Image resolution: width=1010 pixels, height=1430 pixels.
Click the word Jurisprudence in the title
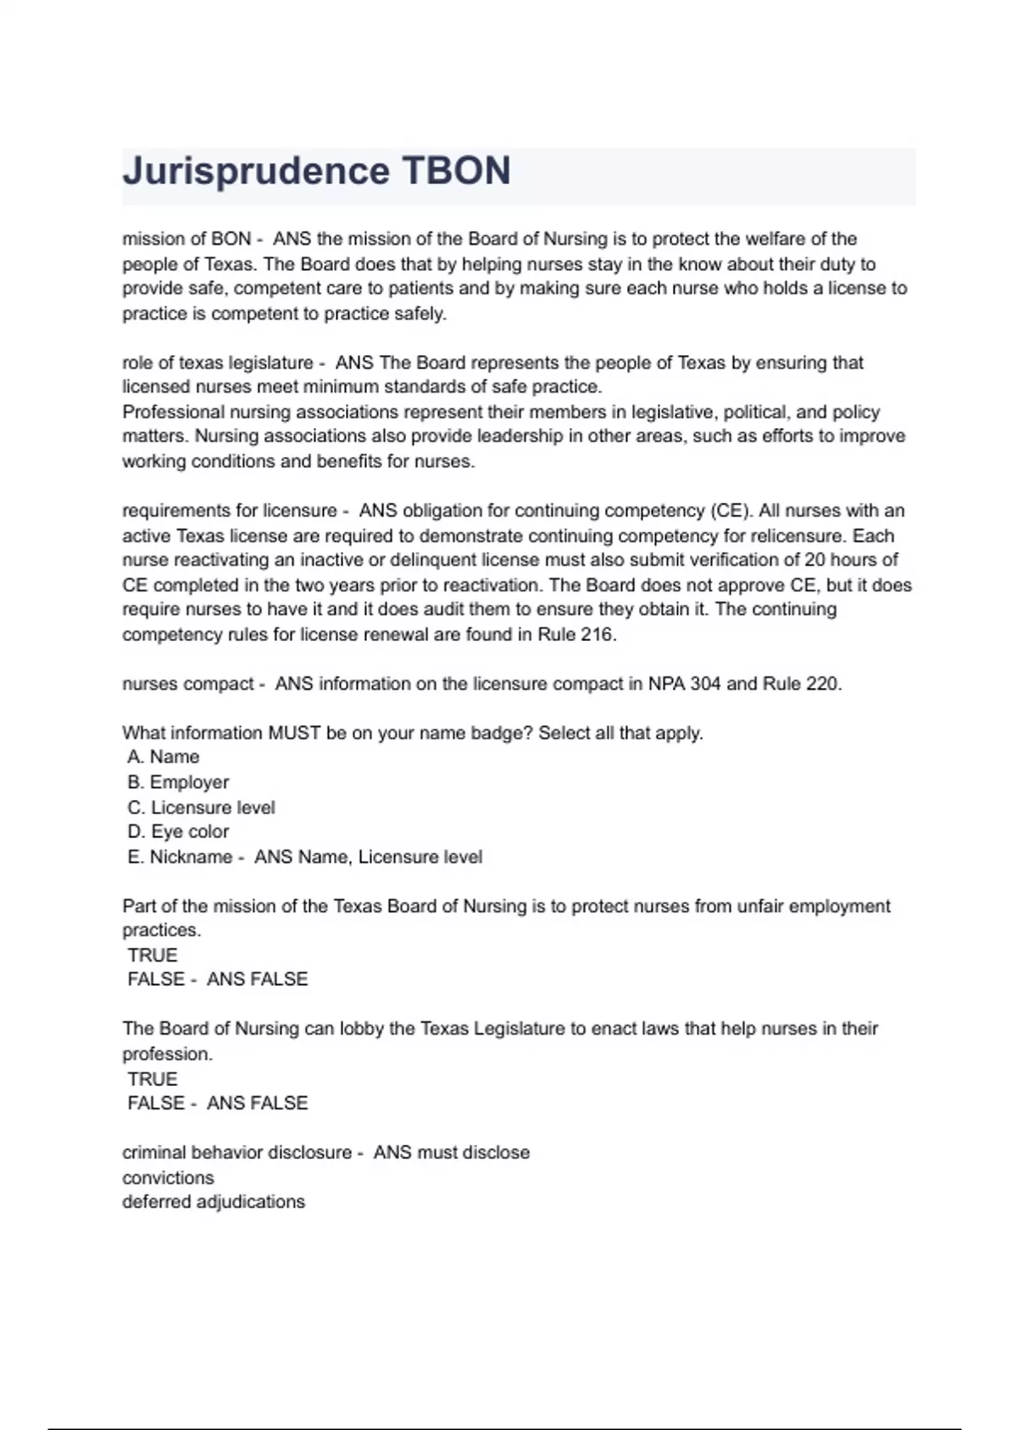(256, 172)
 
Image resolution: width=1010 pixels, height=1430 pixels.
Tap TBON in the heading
(456, 171)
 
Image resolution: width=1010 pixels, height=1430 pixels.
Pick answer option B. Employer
(178, 782)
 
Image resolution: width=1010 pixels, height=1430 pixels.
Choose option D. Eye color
(178, 832)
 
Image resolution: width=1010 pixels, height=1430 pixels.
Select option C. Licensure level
(201, 808)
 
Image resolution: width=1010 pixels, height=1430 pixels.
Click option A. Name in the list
(163, 757)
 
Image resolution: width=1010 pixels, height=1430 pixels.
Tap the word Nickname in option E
(191, 857)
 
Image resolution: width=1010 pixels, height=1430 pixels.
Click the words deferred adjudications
(214, 1202)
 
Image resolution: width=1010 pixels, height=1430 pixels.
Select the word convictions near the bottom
(168, 1178)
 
